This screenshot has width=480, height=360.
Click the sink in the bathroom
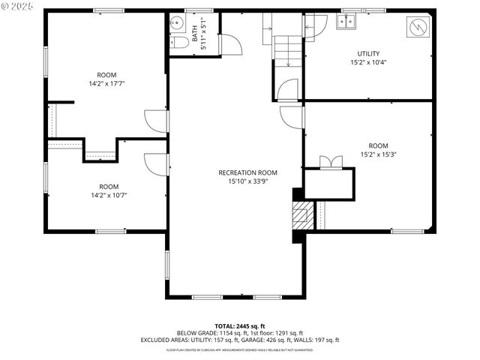(175, 23)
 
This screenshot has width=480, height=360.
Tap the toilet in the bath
(178, 43)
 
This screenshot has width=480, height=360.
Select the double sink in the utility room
(346, 22)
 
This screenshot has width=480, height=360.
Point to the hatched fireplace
(301, 216)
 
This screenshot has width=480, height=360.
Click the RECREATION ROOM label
(247, 172)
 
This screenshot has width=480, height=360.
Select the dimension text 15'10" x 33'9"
(247, 181)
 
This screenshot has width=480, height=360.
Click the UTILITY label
(368, 53)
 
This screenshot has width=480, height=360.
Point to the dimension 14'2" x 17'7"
(106, 84)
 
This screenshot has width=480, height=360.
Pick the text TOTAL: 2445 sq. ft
(239, 325)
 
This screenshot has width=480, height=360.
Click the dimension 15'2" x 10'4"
(368, 62)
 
